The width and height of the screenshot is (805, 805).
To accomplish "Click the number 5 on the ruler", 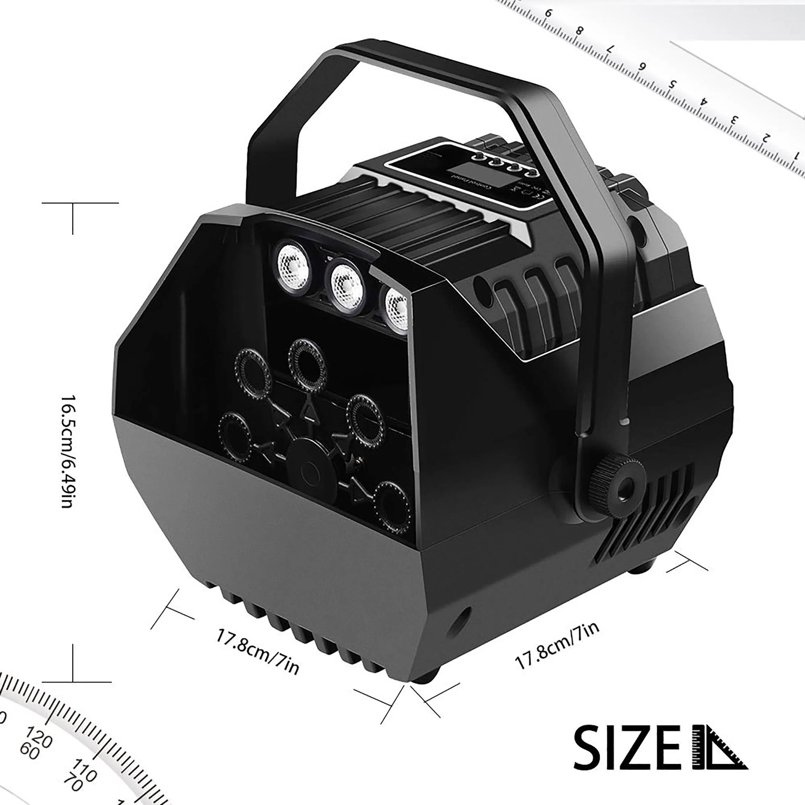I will click(672, 84).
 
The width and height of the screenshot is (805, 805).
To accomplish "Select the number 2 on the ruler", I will click(765, 137).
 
